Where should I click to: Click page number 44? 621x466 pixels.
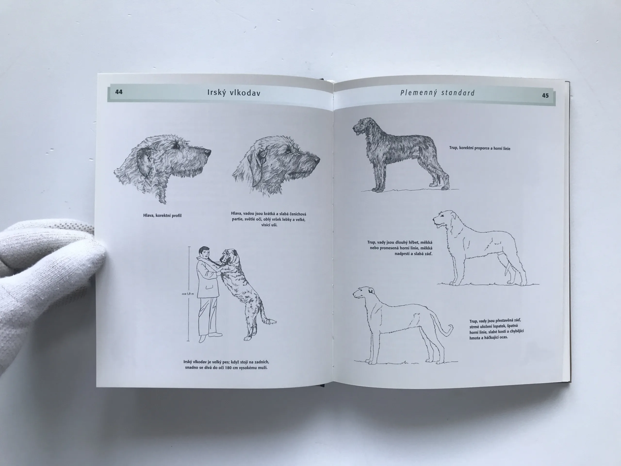[x=119, y=92]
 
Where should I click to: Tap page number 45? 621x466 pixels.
[x=545, y=95]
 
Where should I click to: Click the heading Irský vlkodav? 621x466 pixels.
[x=234, y=93]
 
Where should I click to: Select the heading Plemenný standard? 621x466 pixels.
[x=437, y=93]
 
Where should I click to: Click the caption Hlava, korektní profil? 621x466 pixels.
[x=162, y=216]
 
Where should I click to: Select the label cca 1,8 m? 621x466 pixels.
[x=188, y=294]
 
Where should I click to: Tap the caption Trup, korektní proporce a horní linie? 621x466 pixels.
[x=480, y=148]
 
